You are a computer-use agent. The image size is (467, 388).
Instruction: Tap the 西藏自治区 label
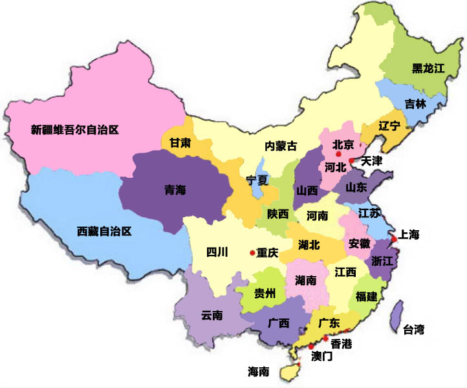[104, 231]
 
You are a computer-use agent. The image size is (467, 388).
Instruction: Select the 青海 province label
[175, 189]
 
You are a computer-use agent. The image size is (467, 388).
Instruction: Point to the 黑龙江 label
[428, 69]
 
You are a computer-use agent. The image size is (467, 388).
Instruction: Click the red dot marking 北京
[338, 155]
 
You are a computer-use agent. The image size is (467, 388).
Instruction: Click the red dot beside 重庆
[252, 253]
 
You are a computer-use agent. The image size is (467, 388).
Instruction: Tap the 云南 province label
[212, 316]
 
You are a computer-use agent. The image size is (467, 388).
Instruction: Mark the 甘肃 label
[180, 144]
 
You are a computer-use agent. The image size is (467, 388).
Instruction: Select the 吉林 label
[415, 103]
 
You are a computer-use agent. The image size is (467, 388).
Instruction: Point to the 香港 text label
[342, 343]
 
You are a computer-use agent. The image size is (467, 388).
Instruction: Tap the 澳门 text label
[321, 356]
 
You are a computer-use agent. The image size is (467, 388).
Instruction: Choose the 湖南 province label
[305, 280]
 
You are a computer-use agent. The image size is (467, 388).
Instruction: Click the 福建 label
[366, 297]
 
